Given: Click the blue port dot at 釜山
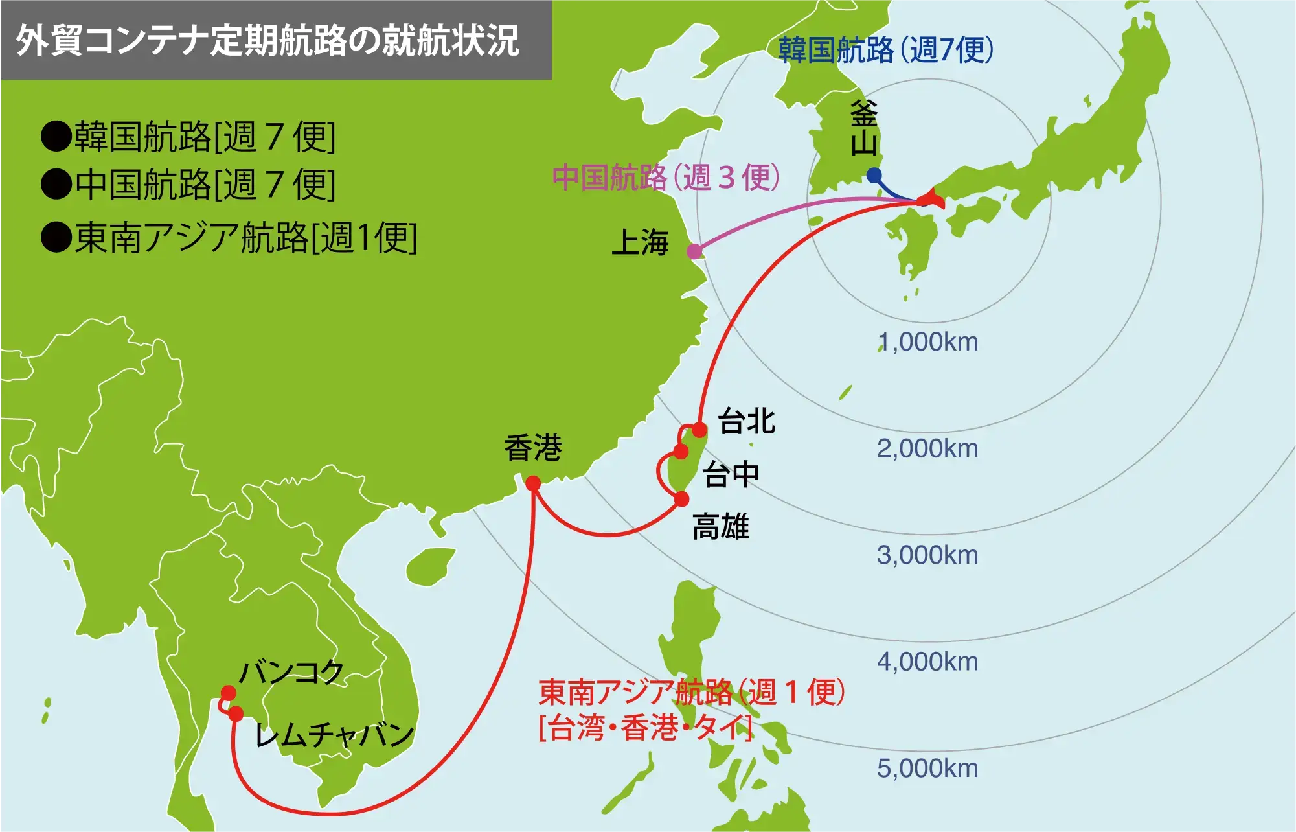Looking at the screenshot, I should (x=874, y=175).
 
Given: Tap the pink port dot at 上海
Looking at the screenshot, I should (x=694, y=251).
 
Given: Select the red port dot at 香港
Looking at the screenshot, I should (x=533, y=483).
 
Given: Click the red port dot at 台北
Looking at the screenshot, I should (x=699, y=430).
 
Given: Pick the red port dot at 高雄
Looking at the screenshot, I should (x=681, y=499).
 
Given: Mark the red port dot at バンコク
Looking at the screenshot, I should (x=228, y=693).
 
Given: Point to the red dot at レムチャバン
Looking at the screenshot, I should (x=236, y=714).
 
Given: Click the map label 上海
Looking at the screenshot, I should (x=640, y=243).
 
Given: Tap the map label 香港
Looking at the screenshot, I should (x=532, y=448).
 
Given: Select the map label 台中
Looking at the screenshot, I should (x=731, y=474).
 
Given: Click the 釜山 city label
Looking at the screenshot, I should (x=864, y=128).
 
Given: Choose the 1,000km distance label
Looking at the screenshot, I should (x=927, y=342).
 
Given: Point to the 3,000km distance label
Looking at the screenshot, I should (x=927, y=555).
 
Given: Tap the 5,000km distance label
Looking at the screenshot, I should (x=927, y=768).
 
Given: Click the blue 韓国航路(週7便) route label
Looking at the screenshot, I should (x=885, y=50).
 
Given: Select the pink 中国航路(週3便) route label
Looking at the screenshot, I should (x=666, y=178).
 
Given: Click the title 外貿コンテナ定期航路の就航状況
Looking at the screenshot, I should (x=267, y=40).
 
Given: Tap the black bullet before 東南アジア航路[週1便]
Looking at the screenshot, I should (x=56, y=237).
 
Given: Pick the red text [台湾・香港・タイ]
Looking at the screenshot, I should (x=646, y=728).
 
